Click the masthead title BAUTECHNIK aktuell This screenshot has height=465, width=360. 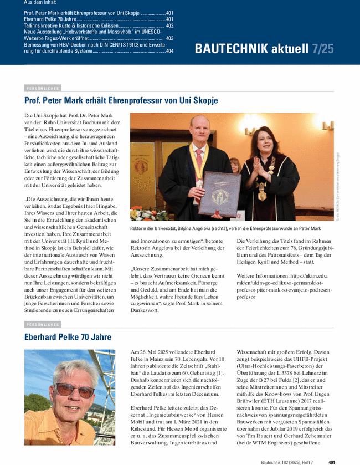[x=251, y=49]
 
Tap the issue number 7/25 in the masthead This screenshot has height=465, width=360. [x=322, y=49]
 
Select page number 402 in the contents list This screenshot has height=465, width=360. [x=169, y=25]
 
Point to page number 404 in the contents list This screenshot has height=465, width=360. [x=169, y=51]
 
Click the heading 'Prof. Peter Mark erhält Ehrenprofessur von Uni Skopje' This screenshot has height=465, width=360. [x=121, y=100]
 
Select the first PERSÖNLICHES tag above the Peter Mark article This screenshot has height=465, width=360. [x=42, y=88]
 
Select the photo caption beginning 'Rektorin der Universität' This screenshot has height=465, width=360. [x=233, y=228]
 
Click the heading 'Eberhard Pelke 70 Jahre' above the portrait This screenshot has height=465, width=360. [x=68, y=337]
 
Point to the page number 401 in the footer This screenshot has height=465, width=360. [x=331, y=461]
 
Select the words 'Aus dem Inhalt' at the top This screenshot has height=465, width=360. [x=40, y=3]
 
